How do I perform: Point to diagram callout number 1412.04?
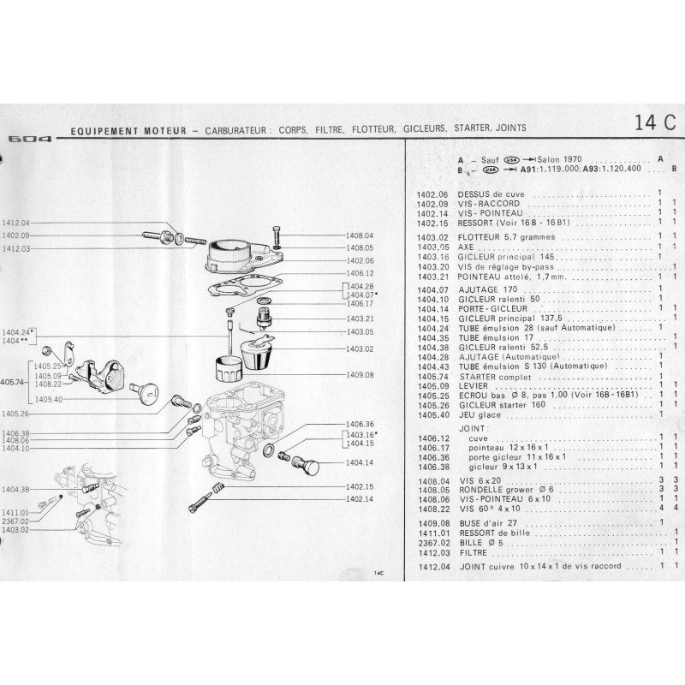15,221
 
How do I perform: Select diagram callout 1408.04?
360,235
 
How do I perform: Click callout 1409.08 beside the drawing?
360,374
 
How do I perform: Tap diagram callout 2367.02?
15,521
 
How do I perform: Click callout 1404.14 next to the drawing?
360,462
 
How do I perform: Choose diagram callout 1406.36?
360,424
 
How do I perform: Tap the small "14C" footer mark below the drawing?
378,574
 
